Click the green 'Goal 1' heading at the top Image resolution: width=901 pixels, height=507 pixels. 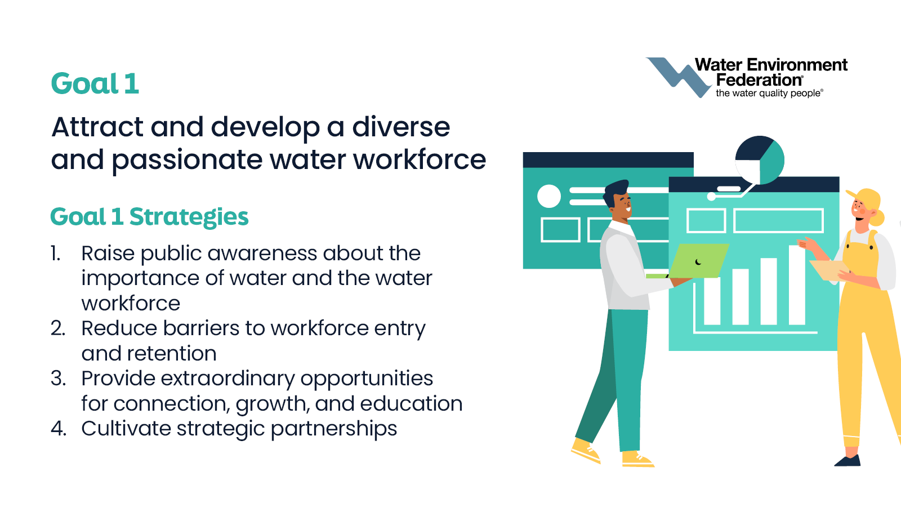pos(95,83)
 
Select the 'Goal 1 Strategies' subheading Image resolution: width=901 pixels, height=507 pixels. pos(149,217)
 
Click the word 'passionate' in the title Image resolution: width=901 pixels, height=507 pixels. pos(186,160)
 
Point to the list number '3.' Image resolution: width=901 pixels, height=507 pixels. pos(59,379)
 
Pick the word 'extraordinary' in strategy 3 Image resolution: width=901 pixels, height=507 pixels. pos(228,379)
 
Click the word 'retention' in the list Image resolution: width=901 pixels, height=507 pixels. pos(172,354)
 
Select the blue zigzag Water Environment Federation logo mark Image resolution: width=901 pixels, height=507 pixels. pos(678,77)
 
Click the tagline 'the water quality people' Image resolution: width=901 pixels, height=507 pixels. pos(769,94)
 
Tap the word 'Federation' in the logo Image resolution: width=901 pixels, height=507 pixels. pos(759,79)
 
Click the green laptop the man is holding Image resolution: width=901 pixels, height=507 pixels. pos(698,261)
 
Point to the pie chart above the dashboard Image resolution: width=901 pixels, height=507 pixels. pos(760,160)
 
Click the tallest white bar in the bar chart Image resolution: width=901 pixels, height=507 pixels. pos(797,284)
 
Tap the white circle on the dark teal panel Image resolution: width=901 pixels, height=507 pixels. pos(549,196)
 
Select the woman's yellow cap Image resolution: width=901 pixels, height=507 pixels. pos(865,199)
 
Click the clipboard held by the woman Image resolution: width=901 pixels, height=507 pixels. pos(829,270)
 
